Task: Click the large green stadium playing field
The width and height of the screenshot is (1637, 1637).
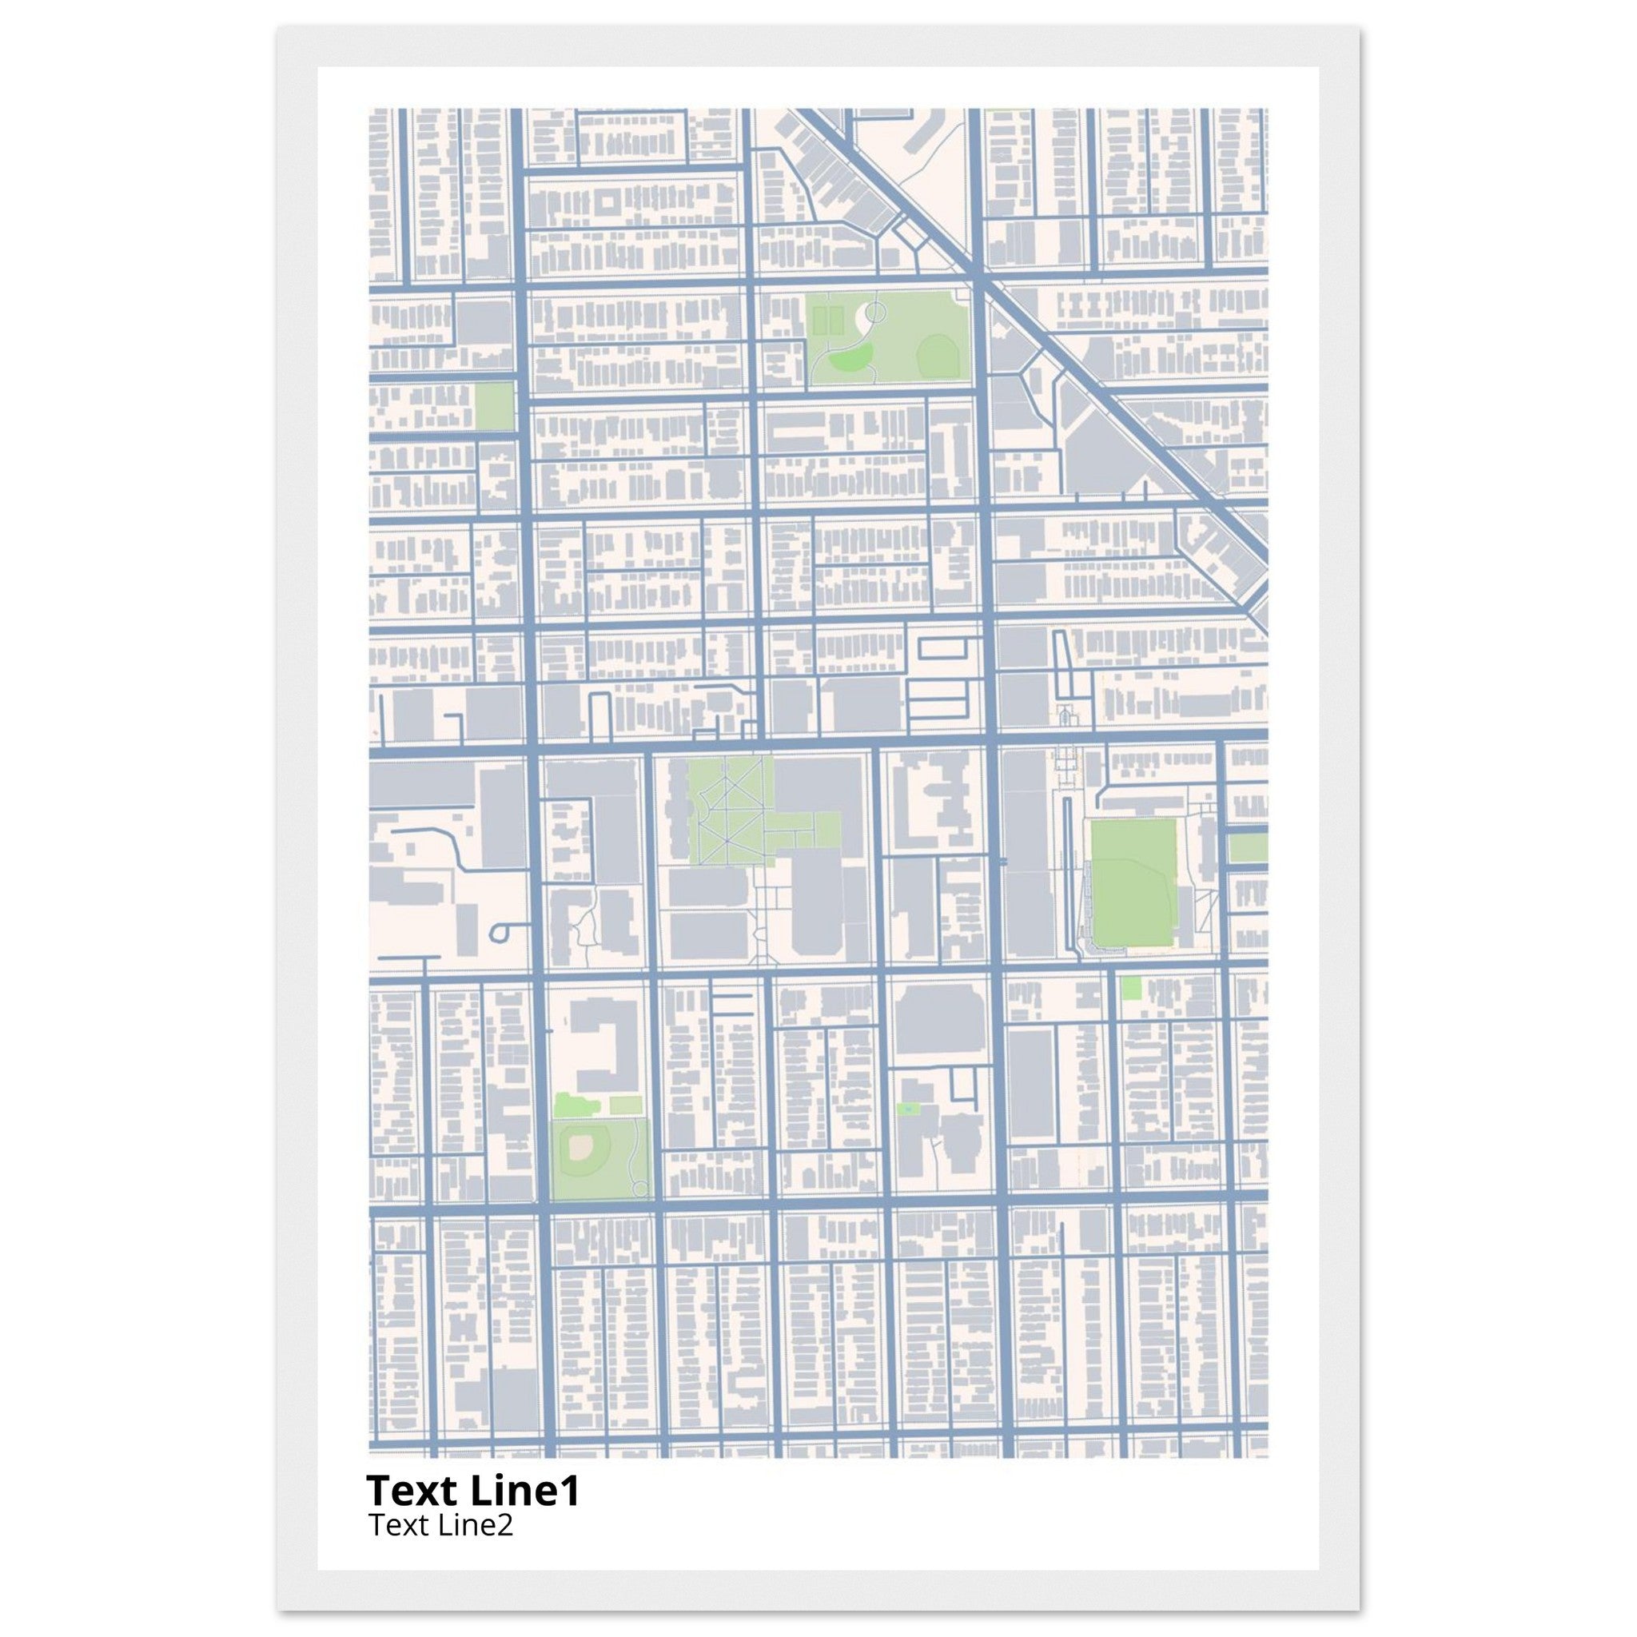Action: point(1133,883)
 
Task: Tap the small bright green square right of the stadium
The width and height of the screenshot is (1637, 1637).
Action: point(1130,987)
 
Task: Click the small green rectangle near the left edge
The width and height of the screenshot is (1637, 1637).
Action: point(494,406)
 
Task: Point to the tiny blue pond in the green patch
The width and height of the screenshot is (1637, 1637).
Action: point(909,1109)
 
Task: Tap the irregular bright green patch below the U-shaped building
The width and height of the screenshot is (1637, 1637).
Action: point(575,1105)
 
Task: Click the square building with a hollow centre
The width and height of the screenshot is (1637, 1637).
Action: point(609,204)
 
